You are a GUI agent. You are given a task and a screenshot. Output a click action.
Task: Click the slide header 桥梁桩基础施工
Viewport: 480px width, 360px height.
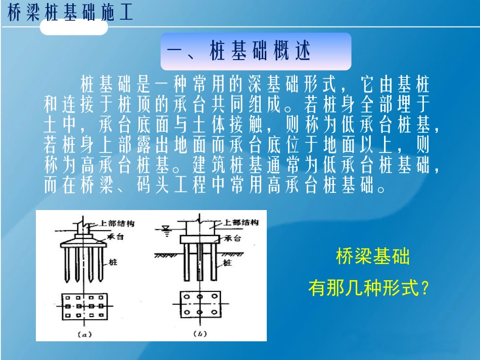point(70,14)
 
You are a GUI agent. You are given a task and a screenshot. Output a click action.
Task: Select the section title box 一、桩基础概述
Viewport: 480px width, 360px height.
point(256,52)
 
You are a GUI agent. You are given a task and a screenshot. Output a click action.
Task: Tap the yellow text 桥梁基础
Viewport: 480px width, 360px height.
point(373,257)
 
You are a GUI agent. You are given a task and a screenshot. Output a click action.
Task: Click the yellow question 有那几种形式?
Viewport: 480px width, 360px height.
point(369,289)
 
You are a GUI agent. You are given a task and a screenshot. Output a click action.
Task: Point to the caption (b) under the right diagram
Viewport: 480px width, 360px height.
point(199,334)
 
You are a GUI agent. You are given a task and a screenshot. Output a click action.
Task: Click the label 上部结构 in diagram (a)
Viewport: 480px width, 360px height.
point(117,223)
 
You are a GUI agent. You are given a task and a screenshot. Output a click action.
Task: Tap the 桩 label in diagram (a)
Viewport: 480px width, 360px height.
point(113,263)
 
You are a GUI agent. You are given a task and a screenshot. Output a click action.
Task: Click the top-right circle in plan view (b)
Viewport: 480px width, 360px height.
point(215,297)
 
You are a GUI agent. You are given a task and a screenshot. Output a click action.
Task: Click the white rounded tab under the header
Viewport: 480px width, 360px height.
point(74,27)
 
